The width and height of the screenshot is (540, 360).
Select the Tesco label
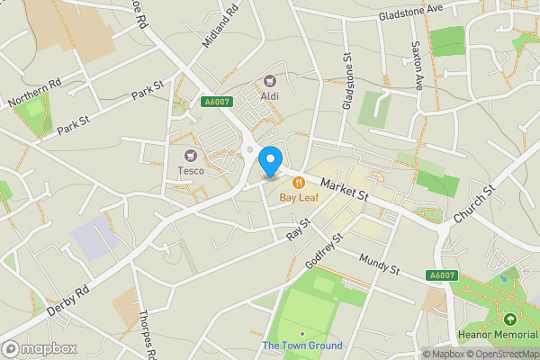[x=190, y=171]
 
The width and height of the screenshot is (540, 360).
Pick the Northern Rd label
[x=35, y=92]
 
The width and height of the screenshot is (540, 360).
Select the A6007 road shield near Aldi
[x=214, y=103]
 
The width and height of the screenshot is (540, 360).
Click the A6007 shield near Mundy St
[x=440, y=274]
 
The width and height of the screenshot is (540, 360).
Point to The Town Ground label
[x=302, y=346]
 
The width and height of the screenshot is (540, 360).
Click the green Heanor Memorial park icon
[x=510, y=319]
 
